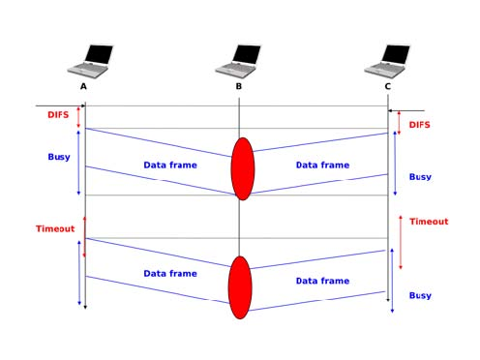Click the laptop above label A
91,60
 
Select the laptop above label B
239,60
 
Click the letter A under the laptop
84,86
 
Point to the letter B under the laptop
239,86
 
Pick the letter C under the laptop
388,86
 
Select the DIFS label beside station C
420,125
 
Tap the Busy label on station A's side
59,157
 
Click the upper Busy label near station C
420,177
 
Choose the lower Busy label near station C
420,295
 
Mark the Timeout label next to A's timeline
55,228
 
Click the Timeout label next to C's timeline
429,222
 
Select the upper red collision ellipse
242,168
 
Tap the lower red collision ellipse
240,287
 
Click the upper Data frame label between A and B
170,165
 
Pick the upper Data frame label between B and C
322,165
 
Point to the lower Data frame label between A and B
170,274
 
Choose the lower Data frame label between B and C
322,281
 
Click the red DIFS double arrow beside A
79,116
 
